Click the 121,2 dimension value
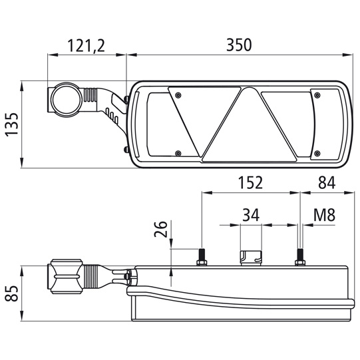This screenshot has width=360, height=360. [x=86, y=45]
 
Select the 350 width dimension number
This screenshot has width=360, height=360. [x=239, y=45]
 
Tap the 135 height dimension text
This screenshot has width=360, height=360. [x=12, y=124]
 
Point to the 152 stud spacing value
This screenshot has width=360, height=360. [x=250, y=182]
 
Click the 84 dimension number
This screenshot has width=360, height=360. [x=327, y=182]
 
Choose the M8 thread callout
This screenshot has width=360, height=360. [x=324, y=215]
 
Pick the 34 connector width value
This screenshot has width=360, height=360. [x=251, y=215]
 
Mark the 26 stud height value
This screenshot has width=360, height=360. [x=160, y=229]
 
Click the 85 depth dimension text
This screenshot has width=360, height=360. [x=11, y=293]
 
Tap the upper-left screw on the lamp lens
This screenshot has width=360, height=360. [x=178, y=94]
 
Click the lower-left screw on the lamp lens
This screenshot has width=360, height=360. [x=178, y=153]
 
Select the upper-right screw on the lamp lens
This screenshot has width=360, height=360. [x=317, y=94]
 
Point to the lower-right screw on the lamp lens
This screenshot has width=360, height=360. [x=317, y=153]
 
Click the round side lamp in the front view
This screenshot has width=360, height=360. [x=66, y=100]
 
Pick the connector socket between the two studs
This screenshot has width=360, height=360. [x=251, y=258]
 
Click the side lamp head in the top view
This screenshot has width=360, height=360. [x=67, y=276]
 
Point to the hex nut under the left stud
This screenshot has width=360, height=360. [x=202, y=263]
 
